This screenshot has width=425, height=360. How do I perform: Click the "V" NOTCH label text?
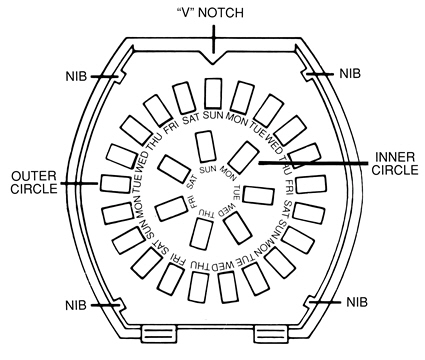point(210,13)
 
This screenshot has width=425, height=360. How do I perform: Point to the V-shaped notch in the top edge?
point(213,59)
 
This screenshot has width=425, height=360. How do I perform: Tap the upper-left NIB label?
point(76,76)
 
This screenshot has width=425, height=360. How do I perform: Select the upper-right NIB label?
point(350,73)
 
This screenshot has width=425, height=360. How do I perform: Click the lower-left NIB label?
point(76,305)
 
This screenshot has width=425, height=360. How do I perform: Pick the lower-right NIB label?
point(357,302)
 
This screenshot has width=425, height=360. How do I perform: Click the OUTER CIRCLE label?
point(34,182)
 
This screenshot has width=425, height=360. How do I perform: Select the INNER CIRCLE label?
point(395,163)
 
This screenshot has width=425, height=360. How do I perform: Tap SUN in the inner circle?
point(208,169)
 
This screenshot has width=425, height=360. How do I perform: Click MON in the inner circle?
point(228,173)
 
